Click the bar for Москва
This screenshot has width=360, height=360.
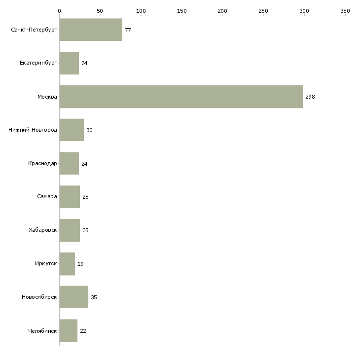coord(181,97)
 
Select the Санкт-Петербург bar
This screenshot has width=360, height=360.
coord(91,30)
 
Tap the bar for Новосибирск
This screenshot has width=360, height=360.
coord(74,297)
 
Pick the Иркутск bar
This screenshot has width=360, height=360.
coord(67,264)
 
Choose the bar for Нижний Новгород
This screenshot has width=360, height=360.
coord(72,130)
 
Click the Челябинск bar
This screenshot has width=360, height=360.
coord(69,330)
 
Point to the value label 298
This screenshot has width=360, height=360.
coord(310,97)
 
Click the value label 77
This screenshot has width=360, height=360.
coord(128,30)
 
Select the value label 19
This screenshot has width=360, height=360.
coord(80,264)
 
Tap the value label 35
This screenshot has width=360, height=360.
coord(94,297)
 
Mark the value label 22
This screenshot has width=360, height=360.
coord(83,331)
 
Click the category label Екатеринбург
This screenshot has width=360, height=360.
coord(38,63)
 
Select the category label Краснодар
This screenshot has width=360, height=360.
coord(42,163)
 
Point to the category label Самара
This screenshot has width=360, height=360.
coord(47,197)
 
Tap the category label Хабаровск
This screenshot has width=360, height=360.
coord(43,230)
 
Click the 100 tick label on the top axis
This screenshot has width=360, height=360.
coord(141,11)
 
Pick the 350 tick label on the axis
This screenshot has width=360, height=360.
coord(345,11)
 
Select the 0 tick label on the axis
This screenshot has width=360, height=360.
coord(60,11)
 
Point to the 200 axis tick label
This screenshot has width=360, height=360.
coord(222,11)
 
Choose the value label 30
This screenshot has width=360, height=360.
coord(90,130)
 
